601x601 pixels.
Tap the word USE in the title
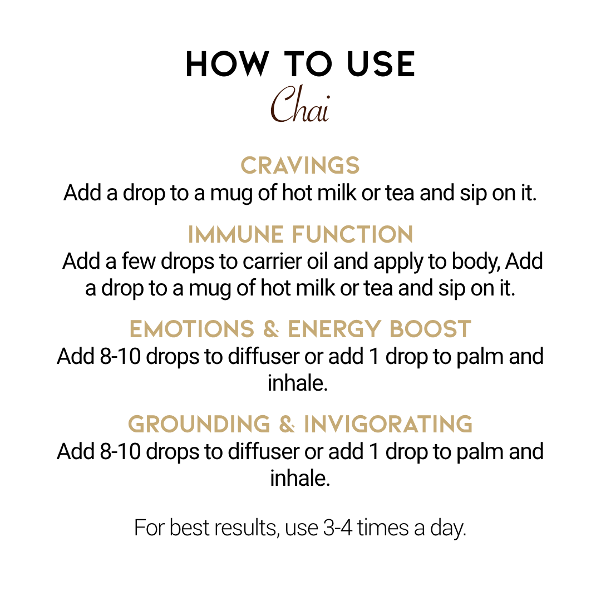(381, 64)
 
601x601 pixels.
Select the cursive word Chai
(300, 104)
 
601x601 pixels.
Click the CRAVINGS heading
(300, 166)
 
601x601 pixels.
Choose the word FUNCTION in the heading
(353, 234)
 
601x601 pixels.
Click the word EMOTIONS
(192, 329)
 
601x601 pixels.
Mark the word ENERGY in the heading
(334, 329)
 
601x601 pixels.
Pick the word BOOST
(430, 329)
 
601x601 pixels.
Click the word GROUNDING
(199, 424)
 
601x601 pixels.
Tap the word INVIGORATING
(388, 424)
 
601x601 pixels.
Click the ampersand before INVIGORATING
(287, 424)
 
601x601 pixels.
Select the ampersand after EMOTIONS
(271, 329)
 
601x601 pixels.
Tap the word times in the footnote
(383, 528)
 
